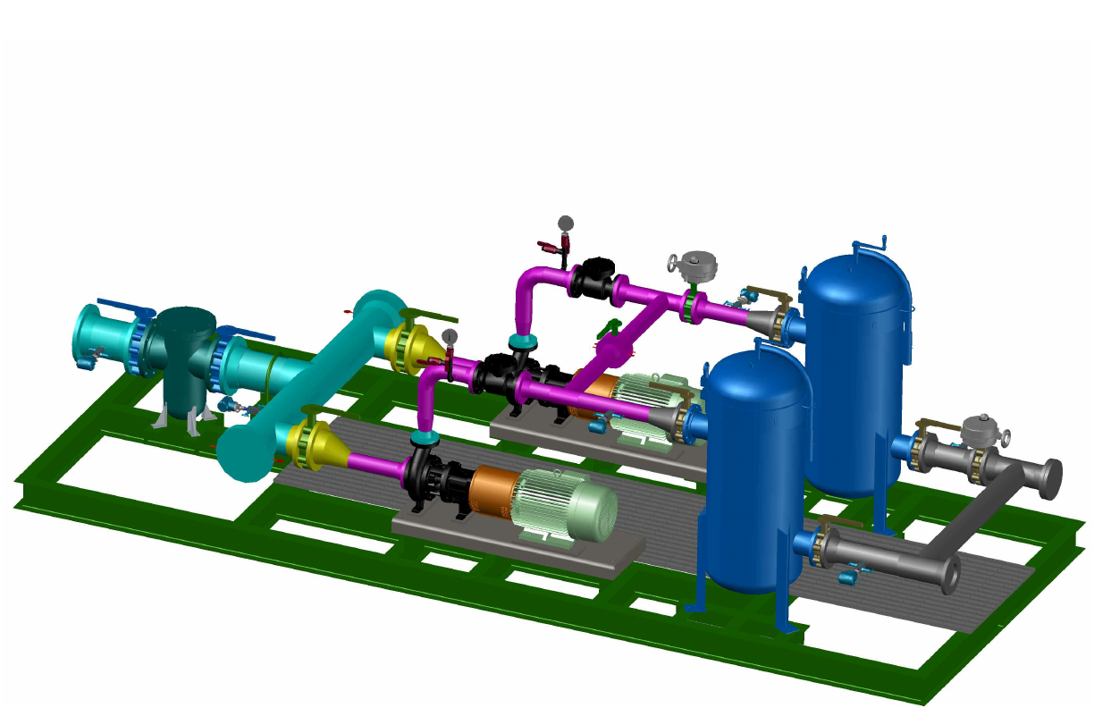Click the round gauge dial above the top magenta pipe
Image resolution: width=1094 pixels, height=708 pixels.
tap(566, 223)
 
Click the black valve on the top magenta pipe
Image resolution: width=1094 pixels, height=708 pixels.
tap(591, 281)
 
